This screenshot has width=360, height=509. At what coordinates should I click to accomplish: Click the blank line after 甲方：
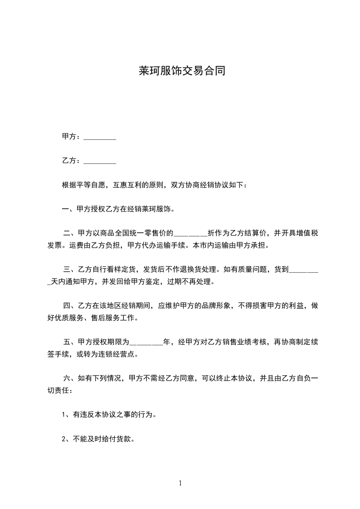(100, 137)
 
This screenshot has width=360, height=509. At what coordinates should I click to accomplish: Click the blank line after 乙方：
(100, 161)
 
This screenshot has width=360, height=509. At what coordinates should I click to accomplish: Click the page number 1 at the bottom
(180, 483)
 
